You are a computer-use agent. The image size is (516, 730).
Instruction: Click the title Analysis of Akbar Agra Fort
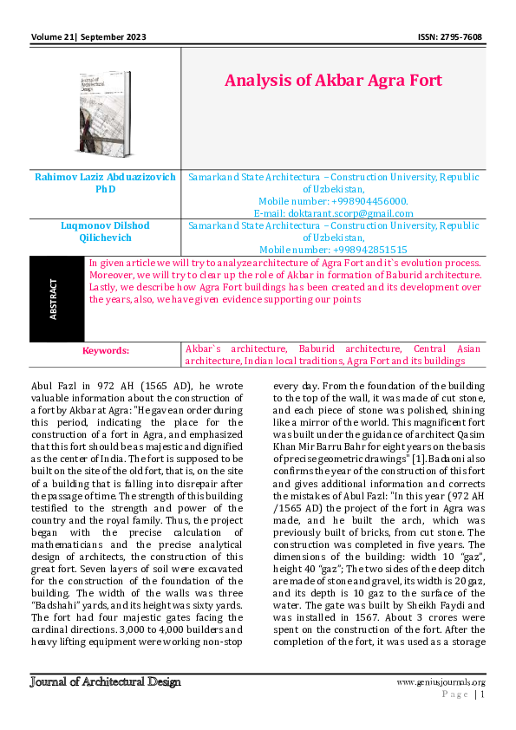(333, 81)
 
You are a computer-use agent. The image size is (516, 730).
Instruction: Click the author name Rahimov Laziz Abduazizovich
(105, 176)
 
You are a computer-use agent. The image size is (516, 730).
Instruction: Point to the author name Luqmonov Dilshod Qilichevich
(105, 231)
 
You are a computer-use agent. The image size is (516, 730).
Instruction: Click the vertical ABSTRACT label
(55, 298)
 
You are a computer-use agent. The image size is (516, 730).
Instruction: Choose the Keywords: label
(105, 350)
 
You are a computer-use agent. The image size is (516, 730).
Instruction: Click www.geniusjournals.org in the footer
(441, 682)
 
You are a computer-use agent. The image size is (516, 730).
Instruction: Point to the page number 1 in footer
(482, 694)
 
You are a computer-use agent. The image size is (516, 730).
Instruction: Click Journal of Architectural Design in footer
(105, 681)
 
